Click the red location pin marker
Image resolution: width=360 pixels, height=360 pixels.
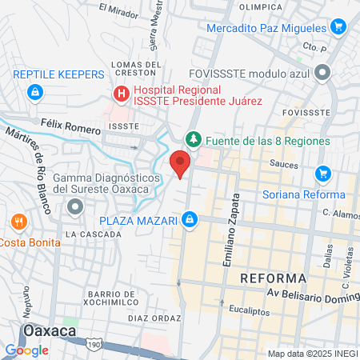181,163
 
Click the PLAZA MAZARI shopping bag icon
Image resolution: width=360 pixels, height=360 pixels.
190,218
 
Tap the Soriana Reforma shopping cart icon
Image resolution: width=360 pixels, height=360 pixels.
323,173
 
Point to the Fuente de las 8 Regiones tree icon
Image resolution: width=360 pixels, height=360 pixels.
193,140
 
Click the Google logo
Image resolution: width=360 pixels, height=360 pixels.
26,350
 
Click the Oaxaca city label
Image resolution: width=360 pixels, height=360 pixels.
50,330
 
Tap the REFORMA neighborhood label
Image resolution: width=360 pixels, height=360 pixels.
273,278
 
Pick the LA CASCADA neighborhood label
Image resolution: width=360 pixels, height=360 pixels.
93,234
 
